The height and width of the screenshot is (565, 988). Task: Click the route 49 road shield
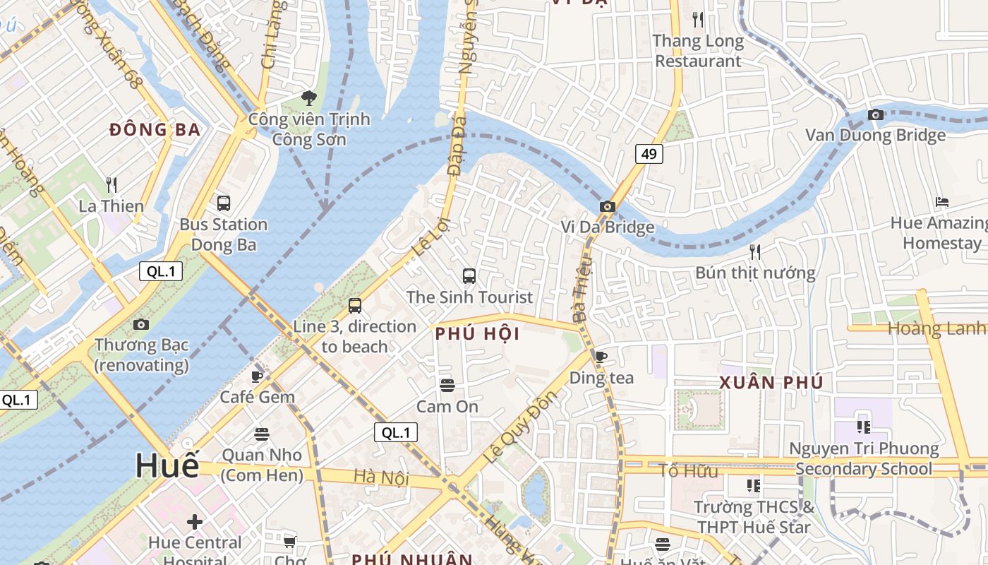point(649,153)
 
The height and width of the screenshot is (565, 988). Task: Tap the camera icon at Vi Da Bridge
point(607,207)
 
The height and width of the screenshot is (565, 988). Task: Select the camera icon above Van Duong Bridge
point(875,114)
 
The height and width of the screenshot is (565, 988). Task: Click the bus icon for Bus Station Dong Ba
point(224,203)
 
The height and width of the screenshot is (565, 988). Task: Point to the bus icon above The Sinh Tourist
point(469,276)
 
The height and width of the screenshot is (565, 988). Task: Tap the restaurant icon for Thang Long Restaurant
point(698,20)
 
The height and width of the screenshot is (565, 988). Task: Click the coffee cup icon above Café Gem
point(257,376)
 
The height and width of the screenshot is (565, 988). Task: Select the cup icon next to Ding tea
point(600,357)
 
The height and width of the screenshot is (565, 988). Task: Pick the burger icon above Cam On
point(447,386)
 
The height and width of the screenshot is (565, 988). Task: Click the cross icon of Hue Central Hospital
point(195,523)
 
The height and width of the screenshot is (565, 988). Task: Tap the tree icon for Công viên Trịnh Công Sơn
point(308,97)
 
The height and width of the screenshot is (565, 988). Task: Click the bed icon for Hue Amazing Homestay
point(941,202)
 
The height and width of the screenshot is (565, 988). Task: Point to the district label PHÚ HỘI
point(477,334)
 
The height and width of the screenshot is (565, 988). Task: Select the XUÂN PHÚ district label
point(771,383)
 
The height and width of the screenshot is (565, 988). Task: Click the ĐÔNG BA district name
point(155,130)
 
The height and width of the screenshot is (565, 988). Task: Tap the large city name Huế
point(167,465)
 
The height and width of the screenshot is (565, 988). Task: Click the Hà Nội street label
point(381,478)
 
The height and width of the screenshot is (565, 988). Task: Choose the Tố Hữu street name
point(687,470)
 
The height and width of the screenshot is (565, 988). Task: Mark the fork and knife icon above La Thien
point(111,185)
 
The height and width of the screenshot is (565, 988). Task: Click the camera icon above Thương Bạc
point(141,325)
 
